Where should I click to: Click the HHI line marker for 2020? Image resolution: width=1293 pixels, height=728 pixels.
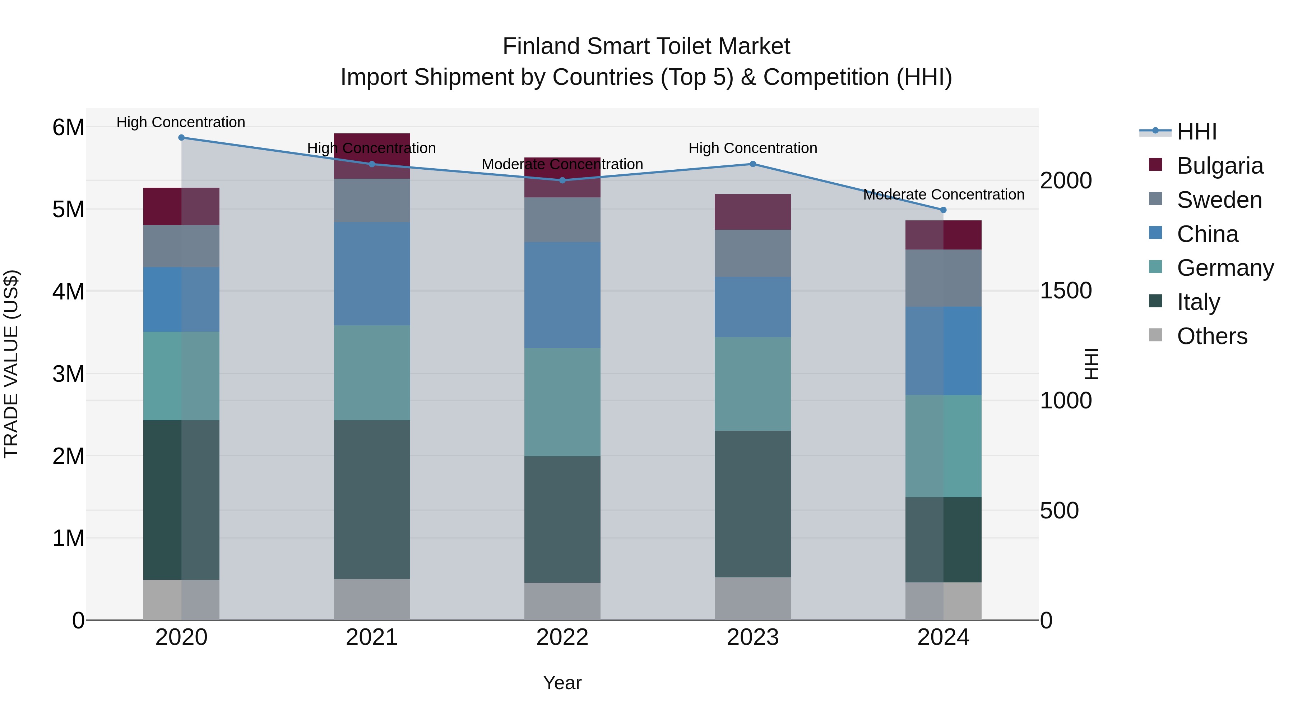coord(181,138)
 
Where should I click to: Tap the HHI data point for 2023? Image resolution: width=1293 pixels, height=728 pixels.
coord(752,164)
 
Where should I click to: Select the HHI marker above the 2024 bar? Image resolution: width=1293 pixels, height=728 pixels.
coord(943,210)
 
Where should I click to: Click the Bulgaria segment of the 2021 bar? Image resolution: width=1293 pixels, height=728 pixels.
coord(372,156)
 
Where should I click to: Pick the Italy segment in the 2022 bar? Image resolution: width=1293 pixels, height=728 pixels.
coord(562,519)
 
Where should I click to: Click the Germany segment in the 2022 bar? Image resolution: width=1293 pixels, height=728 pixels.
coord(562,402)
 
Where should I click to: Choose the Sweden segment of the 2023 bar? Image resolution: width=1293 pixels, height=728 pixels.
coord(752,253)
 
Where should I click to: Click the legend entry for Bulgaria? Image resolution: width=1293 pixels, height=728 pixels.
coord(1220,166)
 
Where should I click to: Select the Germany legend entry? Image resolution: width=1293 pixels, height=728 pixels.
coord(1225,268)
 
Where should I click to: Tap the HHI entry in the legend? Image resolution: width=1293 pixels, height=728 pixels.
coord(1197,132)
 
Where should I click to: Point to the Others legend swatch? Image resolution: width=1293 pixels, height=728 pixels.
coord(1155,335)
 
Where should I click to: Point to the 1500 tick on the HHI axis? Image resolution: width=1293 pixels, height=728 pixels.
coord(1066,290)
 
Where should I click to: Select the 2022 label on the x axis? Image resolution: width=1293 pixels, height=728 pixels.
coord(562,637)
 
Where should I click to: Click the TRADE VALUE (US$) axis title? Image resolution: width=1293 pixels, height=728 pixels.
coord(11,364)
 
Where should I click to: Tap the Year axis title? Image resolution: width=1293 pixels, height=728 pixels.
coord(562,683)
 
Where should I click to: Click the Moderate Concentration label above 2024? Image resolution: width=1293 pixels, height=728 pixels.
coord(943,194)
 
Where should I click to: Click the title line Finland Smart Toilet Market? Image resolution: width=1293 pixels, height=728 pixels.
coord(646,46)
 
